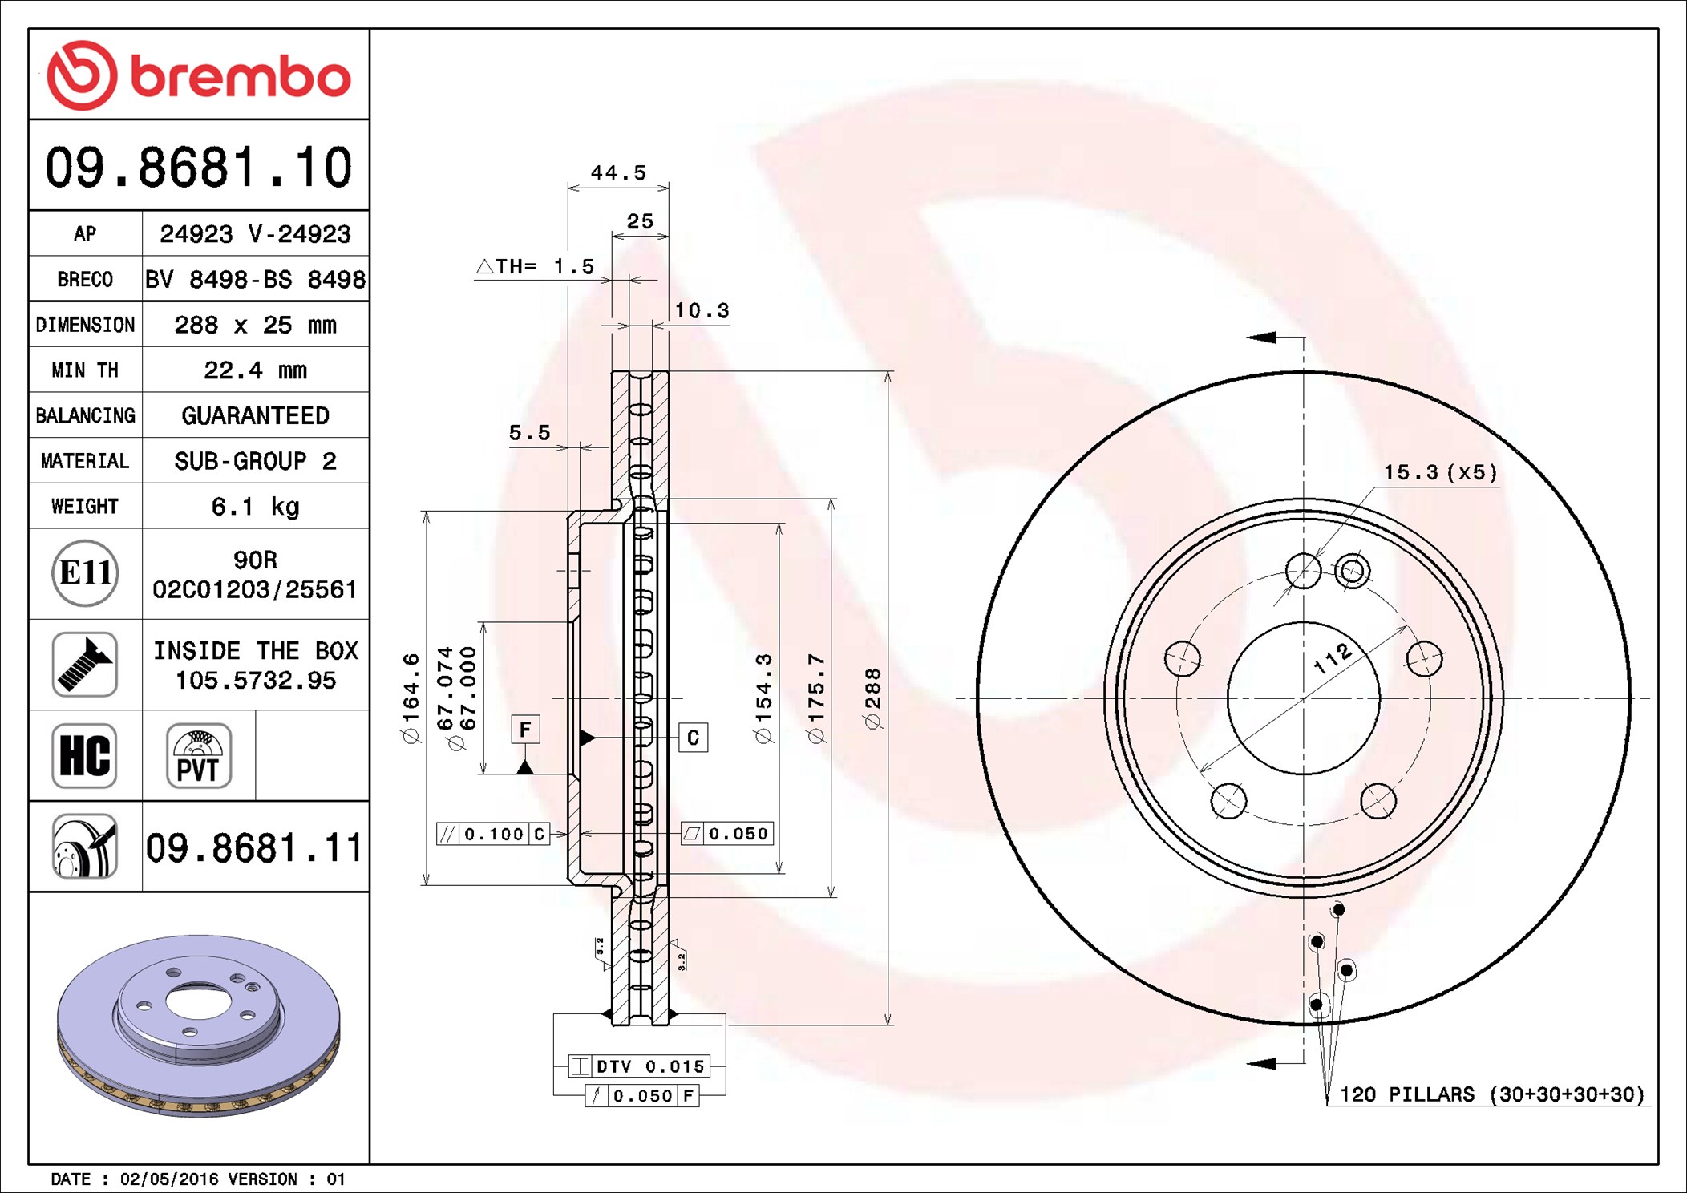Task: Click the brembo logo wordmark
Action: tap(241, 77)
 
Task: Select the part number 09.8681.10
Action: tap(199, 167)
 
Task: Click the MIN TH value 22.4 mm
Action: tap(255, 370)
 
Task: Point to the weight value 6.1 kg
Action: tap(255, 506)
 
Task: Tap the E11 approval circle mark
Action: tap(85, 573)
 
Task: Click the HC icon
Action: tap(85, 755)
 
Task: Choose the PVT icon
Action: tap(199, 755)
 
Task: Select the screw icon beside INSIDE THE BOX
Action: tap(85, 665)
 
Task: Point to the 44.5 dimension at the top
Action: tap(618, 172)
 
